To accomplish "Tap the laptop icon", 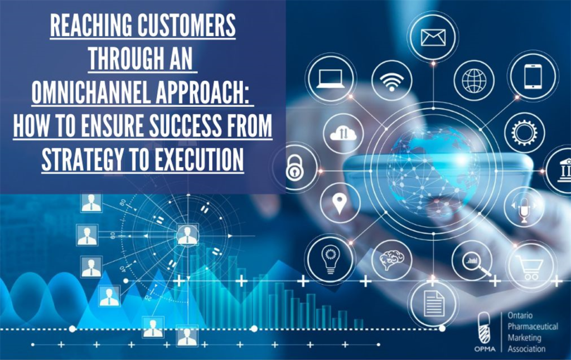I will point(330,78).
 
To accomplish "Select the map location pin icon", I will point(340,204).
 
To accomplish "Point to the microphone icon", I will point(524,208).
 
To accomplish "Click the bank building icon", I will point(562,168).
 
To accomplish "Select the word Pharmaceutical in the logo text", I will point(533,327).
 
